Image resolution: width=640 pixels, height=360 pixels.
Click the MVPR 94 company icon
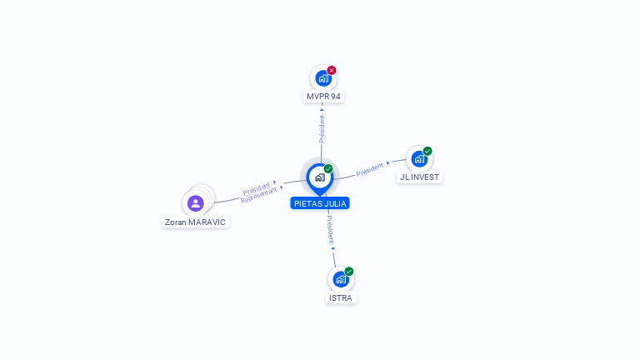pos(322,78)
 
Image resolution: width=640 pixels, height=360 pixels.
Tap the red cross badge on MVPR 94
pos(332,70)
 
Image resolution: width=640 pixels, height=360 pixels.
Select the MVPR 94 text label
pos(323,97)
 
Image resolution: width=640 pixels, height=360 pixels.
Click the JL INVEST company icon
pos(418,159)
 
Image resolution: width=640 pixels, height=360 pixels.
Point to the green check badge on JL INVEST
pos(427,152)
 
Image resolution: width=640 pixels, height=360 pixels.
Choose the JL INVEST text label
pos(419,177)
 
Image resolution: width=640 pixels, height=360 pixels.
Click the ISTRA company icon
pos(340,279)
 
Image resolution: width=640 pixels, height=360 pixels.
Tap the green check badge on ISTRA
pos(349,272)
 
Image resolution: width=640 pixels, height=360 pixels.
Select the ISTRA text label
pos(341,297)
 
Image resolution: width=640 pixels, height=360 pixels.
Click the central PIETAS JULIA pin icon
pos(320,177)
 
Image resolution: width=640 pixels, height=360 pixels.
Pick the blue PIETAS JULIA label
pos(320,203)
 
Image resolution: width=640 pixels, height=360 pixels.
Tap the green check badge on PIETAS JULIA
pos(328,169)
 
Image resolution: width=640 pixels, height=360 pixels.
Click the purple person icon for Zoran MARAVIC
pos(196,203)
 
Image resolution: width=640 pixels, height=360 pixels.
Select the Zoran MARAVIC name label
pos(195,222)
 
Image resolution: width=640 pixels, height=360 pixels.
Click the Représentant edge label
pos(258,195)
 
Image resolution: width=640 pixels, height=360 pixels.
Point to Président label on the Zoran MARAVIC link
pos(257,187)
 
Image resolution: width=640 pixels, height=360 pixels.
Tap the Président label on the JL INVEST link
pos(370,170)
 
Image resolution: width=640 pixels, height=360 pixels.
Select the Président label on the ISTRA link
pos(330,230)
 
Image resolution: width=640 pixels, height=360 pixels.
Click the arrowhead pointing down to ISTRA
pos(333,248)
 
